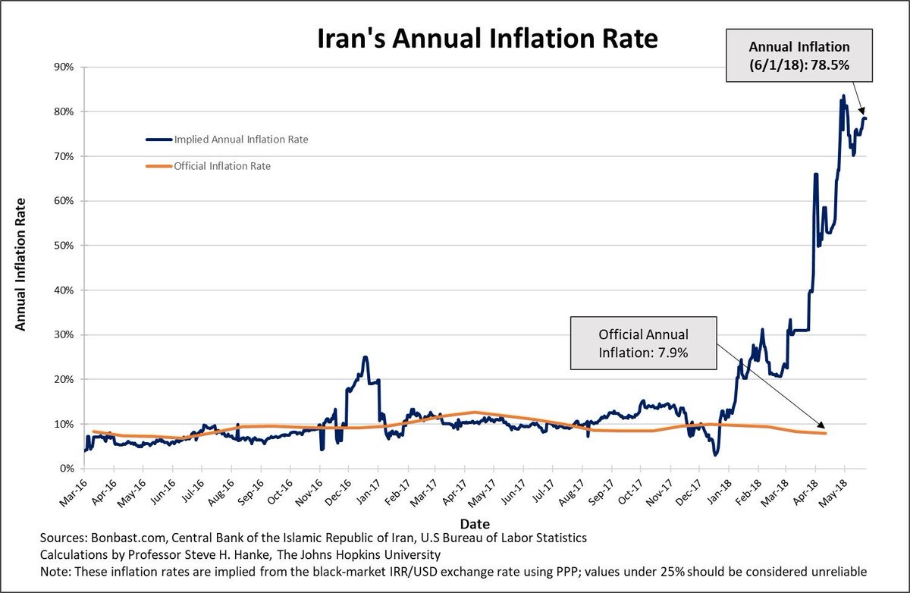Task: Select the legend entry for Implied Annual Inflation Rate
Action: pos(227,140)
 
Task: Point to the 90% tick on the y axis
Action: pos(63,67)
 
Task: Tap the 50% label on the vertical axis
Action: pos(63,246)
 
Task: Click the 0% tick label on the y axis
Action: pos(66,469)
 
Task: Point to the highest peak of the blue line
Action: pos(843,96)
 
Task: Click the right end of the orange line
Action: pos(825,433)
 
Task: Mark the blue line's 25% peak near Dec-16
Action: pos(365,357)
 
